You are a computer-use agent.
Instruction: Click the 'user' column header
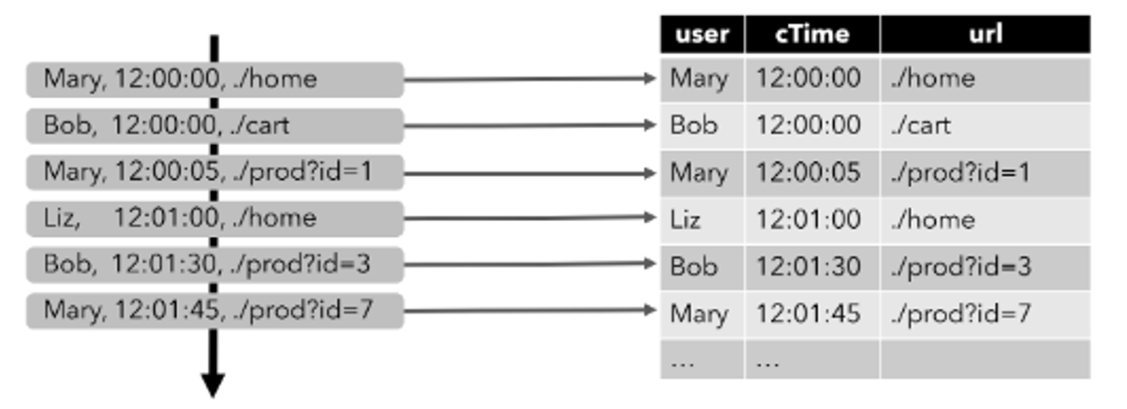[703, 35]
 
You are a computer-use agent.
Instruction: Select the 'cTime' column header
[812, 35]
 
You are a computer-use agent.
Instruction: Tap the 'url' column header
[986, 35]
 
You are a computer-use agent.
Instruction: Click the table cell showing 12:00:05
[812, 173]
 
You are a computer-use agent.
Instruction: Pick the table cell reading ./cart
[986, 126]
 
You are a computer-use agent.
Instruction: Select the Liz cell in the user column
[703, 220]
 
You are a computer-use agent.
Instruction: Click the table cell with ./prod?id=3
[986, 268]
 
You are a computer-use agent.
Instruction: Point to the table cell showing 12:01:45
[812, 314]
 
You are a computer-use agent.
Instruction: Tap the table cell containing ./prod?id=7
[986, 314]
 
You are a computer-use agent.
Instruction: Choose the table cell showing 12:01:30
[812, 268]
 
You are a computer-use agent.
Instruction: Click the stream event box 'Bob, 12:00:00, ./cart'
[215, 125]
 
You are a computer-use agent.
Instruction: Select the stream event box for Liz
[215, 219]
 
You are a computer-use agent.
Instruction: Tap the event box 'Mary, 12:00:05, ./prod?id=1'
[215, 172]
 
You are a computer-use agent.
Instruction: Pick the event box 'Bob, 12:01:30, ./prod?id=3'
[215, 264]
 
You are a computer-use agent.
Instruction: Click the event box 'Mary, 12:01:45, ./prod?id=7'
[215, 311]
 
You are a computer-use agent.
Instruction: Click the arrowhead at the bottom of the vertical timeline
[213, 386]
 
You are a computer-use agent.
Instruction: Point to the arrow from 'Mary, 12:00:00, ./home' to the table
[530, 79]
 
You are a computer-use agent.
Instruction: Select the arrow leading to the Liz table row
[530, 218]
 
